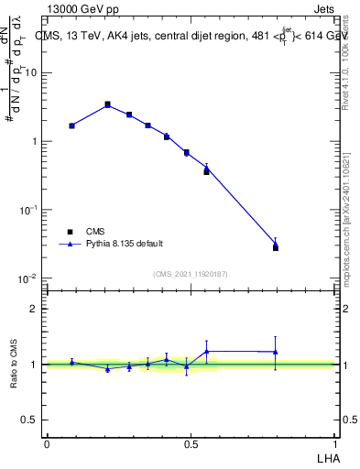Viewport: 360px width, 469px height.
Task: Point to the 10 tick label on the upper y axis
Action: [33, 72]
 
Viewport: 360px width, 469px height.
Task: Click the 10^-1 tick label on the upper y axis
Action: [30, 210]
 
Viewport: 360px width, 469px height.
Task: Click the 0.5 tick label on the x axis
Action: [191, 442]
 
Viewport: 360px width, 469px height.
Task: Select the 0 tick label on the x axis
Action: [47, 442]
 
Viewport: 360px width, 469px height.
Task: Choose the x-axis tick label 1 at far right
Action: [335, 442]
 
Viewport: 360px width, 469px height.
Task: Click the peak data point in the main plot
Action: [107, 104]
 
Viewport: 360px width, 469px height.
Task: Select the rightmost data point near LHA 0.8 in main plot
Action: [276, 247]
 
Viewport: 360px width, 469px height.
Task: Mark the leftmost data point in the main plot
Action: [71, 125]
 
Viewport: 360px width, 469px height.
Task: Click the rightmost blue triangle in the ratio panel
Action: [276, 352]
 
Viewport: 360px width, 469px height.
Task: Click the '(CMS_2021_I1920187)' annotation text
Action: [191, 273]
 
